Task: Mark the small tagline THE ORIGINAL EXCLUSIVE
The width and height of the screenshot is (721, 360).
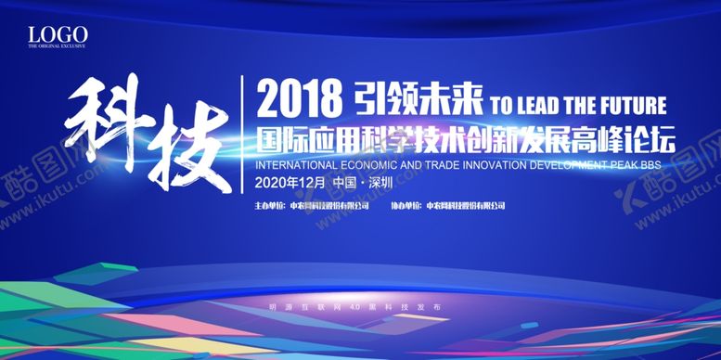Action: point(58,46)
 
